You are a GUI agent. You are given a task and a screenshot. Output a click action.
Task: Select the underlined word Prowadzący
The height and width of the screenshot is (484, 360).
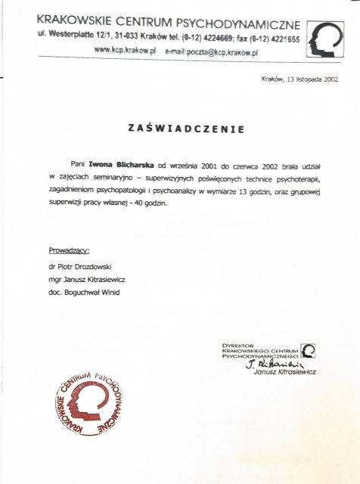click(x=69, y=249)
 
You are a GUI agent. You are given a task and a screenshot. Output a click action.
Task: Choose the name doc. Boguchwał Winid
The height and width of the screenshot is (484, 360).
click(x=83, y=291)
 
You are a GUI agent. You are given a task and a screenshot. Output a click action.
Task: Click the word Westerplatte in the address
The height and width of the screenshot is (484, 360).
click(x=76, y=36)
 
